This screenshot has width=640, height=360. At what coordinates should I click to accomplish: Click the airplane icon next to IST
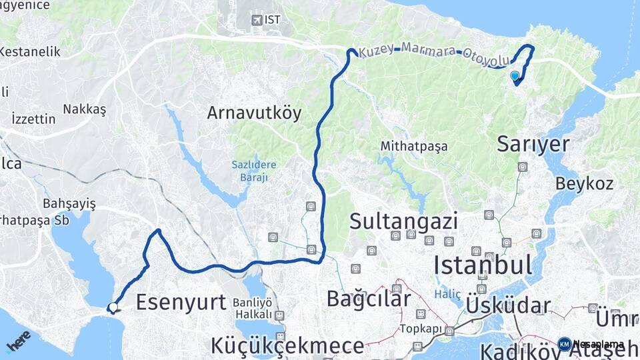(257, 20)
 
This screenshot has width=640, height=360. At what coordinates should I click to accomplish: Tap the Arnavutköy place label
(254, 113)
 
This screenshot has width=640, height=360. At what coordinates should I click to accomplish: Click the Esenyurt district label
(181, 302)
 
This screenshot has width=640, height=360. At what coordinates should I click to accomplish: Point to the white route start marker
(113, 307)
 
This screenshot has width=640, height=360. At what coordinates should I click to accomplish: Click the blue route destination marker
(515, 77)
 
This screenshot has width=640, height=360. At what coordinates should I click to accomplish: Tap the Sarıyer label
(533, 144)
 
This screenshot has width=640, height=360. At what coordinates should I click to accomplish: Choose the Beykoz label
(579, 182)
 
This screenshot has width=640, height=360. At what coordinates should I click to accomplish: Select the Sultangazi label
(403, 221)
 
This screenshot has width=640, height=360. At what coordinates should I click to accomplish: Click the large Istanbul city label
(483, 265)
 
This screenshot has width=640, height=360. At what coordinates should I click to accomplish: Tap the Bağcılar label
(368, 299)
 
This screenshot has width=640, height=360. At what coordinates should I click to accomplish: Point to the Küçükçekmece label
(288, 346)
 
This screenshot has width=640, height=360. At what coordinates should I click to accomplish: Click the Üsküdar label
(508, 306)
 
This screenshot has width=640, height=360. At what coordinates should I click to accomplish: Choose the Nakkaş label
(85, 109)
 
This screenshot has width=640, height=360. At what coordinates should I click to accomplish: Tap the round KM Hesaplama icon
(564, 344)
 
